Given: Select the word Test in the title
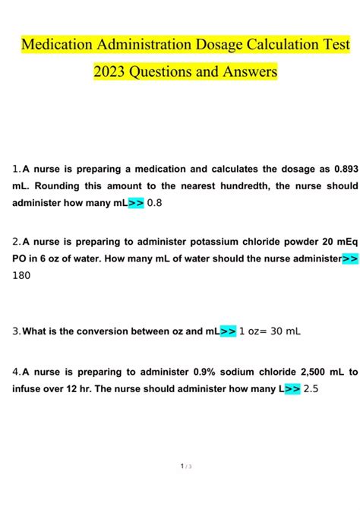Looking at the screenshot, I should (333, 44).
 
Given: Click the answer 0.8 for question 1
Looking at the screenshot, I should (155, 203).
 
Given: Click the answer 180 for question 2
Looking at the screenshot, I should (22, 276).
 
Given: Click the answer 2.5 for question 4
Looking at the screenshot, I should (313, 389).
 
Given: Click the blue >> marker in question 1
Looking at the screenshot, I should (136, 203).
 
